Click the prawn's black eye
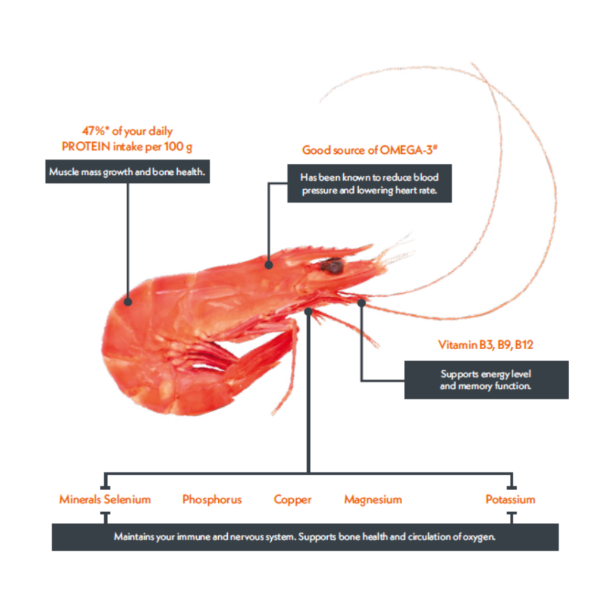click(333, 266)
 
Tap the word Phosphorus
click(212, 500)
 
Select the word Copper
click(293, 500)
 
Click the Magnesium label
click(373, 500)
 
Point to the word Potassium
click(510, 500)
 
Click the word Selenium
click(127, 500)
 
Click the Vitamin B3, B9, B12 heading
click(486, 345)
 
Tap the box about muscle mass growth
click(127, 172)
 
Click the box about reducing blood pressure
click(369, 184)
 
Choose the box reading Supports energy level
click(486, 380)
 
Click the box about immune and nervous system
click(304, 537)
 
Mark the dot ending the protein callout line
click(128, 302)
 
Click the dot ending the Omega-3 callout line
click(268, 264)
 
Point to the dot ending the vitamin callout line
click(362, 303)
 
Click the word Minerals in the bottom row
click(80, 500)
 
